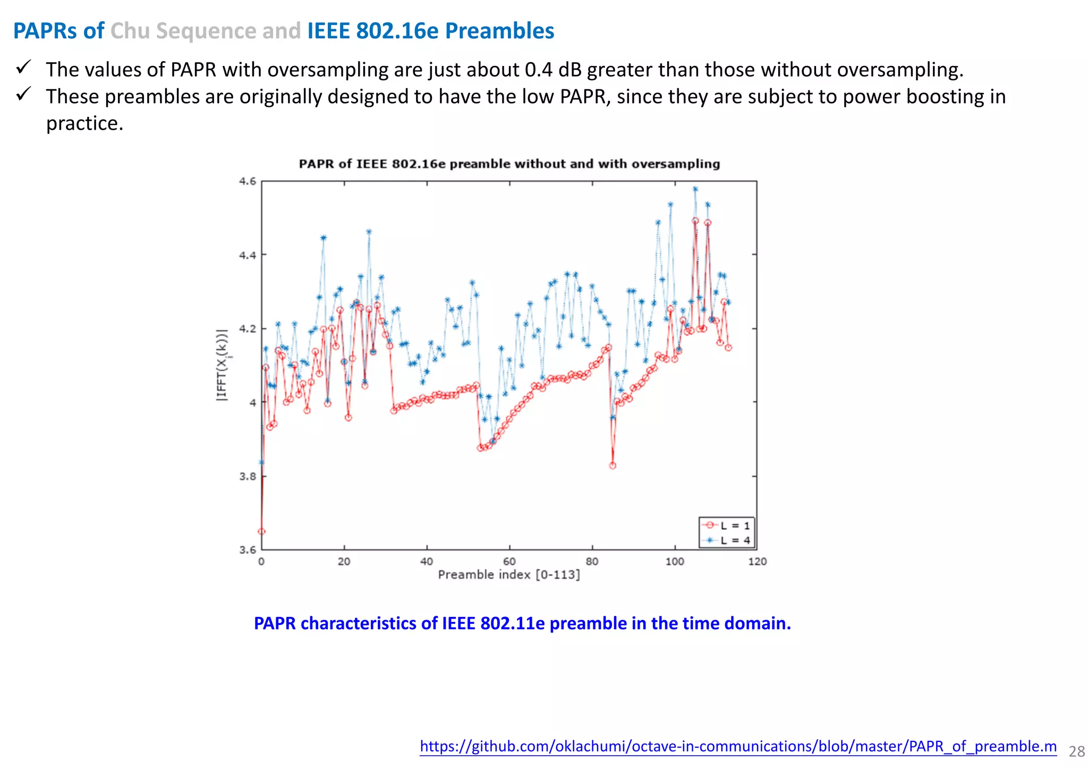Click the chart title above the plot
pos(509,164)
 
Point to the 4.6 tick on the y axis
pos(247,181)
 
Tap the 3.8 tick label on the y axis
pos(247,476)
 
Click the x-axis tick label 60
pos(509,562)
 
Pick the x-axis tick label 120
pos(757,562)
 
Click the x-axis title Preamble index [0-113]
pos(508,575)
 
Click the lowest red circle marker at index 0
pos(261,531)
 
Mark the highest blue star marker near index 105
pos(695,189)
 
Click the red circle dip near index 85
pos(613,466)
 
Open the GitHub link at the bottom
pos(738,746)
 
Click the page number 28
pos(1076,751)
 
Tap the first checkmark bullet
pos(23,67)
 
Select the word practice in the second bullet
pos(84,123)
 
